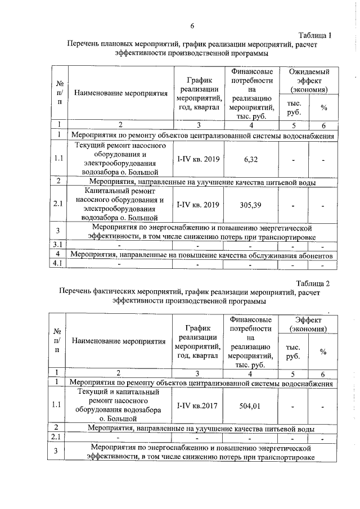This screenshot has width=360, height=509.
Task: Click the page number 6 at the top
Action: coord(192,26)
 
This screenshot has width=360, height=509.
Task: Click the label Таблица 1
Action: coord(315,35)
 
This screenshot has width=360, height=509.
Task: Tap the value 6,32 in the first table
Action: coord(251,159)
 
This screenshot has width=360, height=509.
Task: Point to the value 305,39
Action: coord(251,205)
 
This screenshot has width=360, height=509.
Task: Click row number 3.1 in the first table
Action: coord(58,245)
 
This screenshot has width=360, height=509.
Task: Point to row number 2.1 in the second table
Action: coord(58,437)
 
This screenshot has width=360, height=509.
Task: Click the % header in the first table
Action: coord(323,107)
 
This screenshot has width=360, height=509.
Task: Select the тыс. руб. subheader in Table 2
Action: coord(294,352)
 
